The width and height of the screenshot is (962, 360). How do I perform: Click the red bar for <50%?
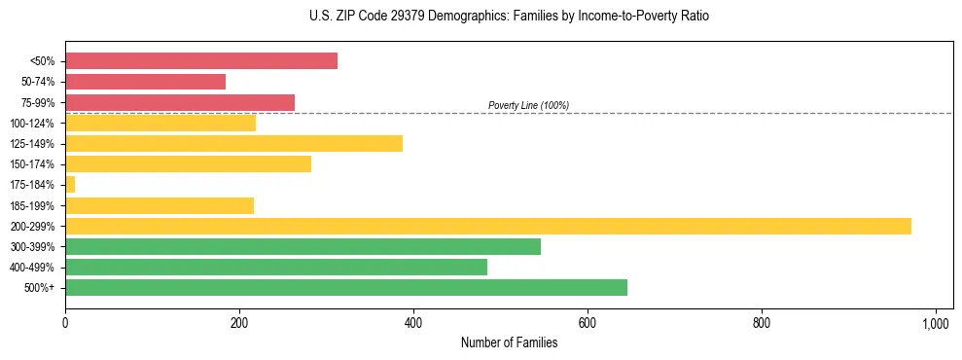click(201, 61)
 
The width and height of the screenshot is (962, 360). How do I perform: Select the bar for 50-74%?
click(145, 82)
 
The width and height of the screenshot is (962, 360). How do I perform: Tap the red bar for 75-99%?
click(180, 102)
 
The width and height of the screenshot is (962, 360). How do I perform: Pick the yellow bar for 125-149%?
click(233, 144)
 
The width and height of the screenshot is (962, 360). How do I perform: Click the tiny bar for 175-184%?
click(70, 185)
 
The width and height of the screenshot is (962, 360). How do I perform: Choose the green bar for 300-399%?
click(303, 246)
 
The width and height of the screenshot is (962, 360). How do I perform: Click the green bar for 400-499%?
click(276, 267)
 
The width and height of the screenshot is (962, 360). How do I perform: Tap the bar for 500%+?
click(346, 287)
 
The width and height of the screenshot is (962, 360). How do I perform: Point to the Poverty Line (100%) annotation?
click(528, 105)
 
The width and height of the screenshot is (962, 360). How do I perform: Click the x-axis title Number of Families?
click(509, 342)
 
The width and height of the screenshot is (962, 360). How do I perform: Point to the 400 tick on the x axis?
click(413, 321)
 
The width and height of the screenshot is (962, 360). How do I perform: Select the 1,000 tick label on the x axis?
click(936, 321)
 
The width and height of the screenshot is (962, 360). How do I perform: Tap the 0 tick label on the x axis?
click(65, 321)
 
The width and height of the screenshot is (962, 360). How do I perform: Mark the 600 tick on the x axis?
click(588, 321)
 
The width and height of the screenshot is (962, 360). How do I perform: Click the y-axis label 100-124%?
click(32, 124)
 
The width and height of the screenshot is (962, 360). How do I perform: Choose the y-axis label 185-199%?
click(32, 205)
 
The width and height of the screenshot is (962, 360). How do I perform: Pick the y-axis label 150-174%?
click(32, 164)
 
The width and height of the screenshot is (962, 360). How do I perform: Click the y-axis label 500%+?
click(39, 288)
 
